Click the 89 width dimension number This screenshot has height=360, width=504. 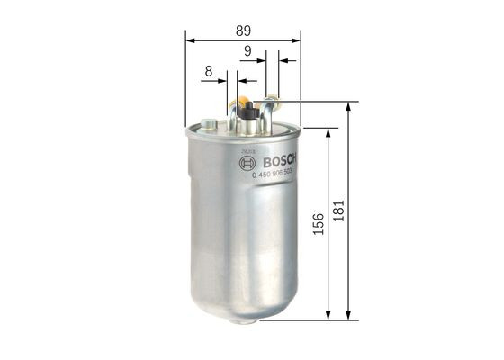[243, 30]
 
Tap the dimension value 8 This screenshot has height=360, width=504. [209, 70]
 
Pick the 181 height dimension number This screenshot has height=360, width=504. [338, 210]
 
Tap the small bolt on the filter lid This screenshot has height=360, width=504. [210, 123]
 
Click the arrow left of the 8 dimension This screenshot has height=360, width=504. [221, 81]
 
